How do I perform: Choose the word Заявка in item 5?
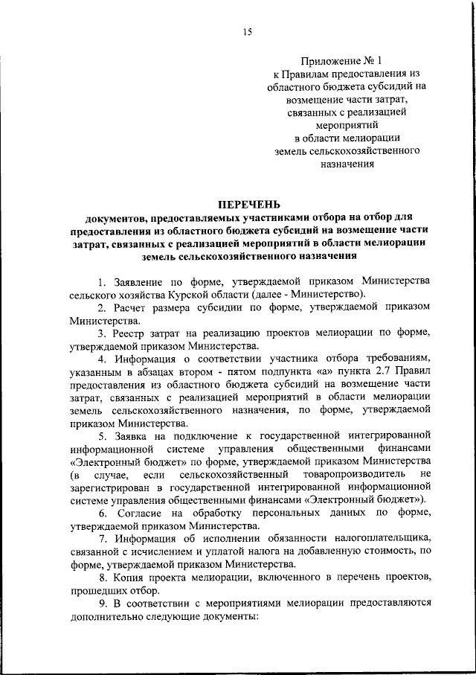pos(132,433)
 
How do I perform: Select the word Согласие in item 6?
pos(138,514)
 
